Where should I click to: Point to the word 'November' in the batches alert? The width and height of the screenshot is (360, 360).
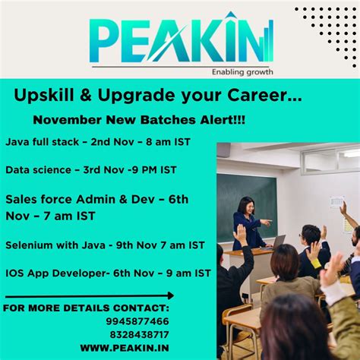pos(65,121)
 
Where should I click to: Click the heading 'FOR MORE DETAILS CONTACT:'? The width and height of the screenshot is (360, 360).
pos(86,308)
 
